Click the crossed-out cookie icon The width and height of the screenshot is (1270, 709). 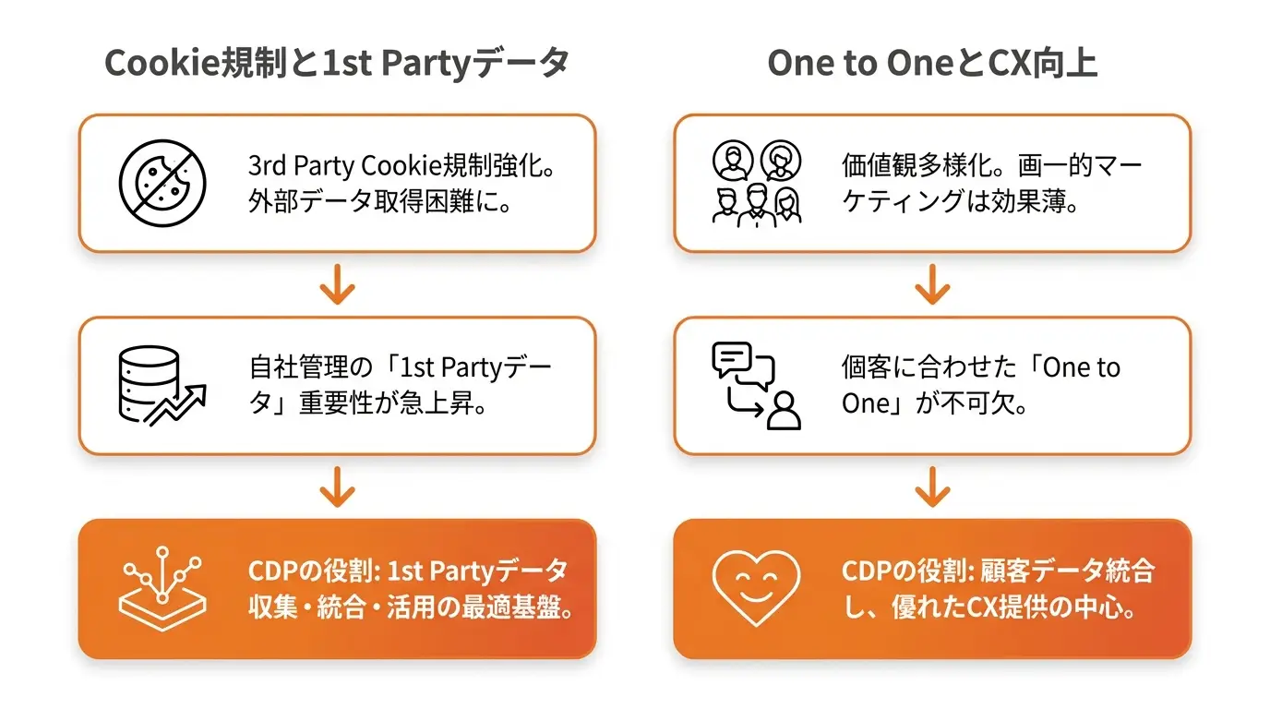162,183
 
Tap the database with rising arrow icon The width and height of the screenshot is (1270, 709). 162,386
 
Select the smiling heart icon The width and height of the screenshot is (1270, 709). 756,588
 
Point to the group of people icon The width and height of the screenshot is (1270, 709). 757,184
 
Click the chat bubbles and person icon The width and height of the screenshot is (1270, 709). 756,386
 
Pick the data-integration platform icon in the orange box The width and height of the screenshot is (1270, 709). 162,589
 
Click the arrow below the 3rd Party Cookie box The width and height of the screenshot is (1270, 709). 338,284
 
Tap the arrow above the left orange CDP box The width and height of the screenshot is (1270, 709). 338,487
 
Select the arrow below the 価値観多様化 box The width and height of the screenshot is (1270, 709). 932,284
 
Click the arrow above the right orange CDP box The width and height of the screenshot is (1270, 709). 932,487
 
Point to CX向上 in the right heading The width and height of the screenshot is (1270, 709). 1042,63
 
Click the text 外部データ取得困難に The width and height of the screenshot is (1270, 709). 373,200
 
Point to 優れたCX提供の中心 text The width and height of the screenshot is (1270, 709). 1005,607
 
